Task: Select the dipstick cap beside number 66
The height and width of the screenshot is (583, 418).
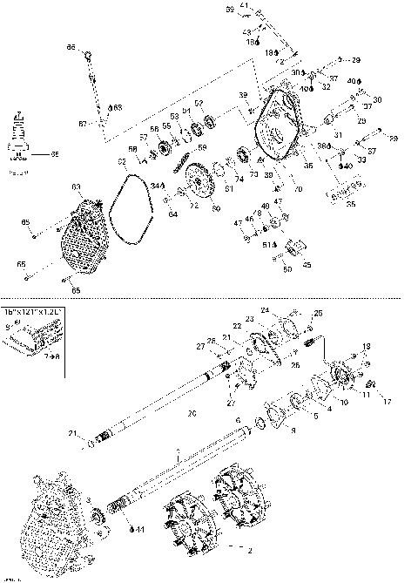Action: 89,56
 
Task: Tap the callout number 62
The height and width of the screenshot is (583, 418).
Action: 123,162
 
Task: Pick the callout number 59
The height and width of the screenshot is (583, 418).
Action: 202,147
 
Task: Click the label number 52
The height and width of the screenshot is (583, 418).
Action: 199,104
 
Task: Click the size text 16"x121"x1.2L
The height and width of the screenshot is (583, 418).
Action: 33,310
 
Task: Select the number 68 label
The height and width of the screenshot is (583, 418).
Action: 118,107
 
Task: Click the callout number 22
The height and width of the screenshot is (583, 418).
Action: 237,326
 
